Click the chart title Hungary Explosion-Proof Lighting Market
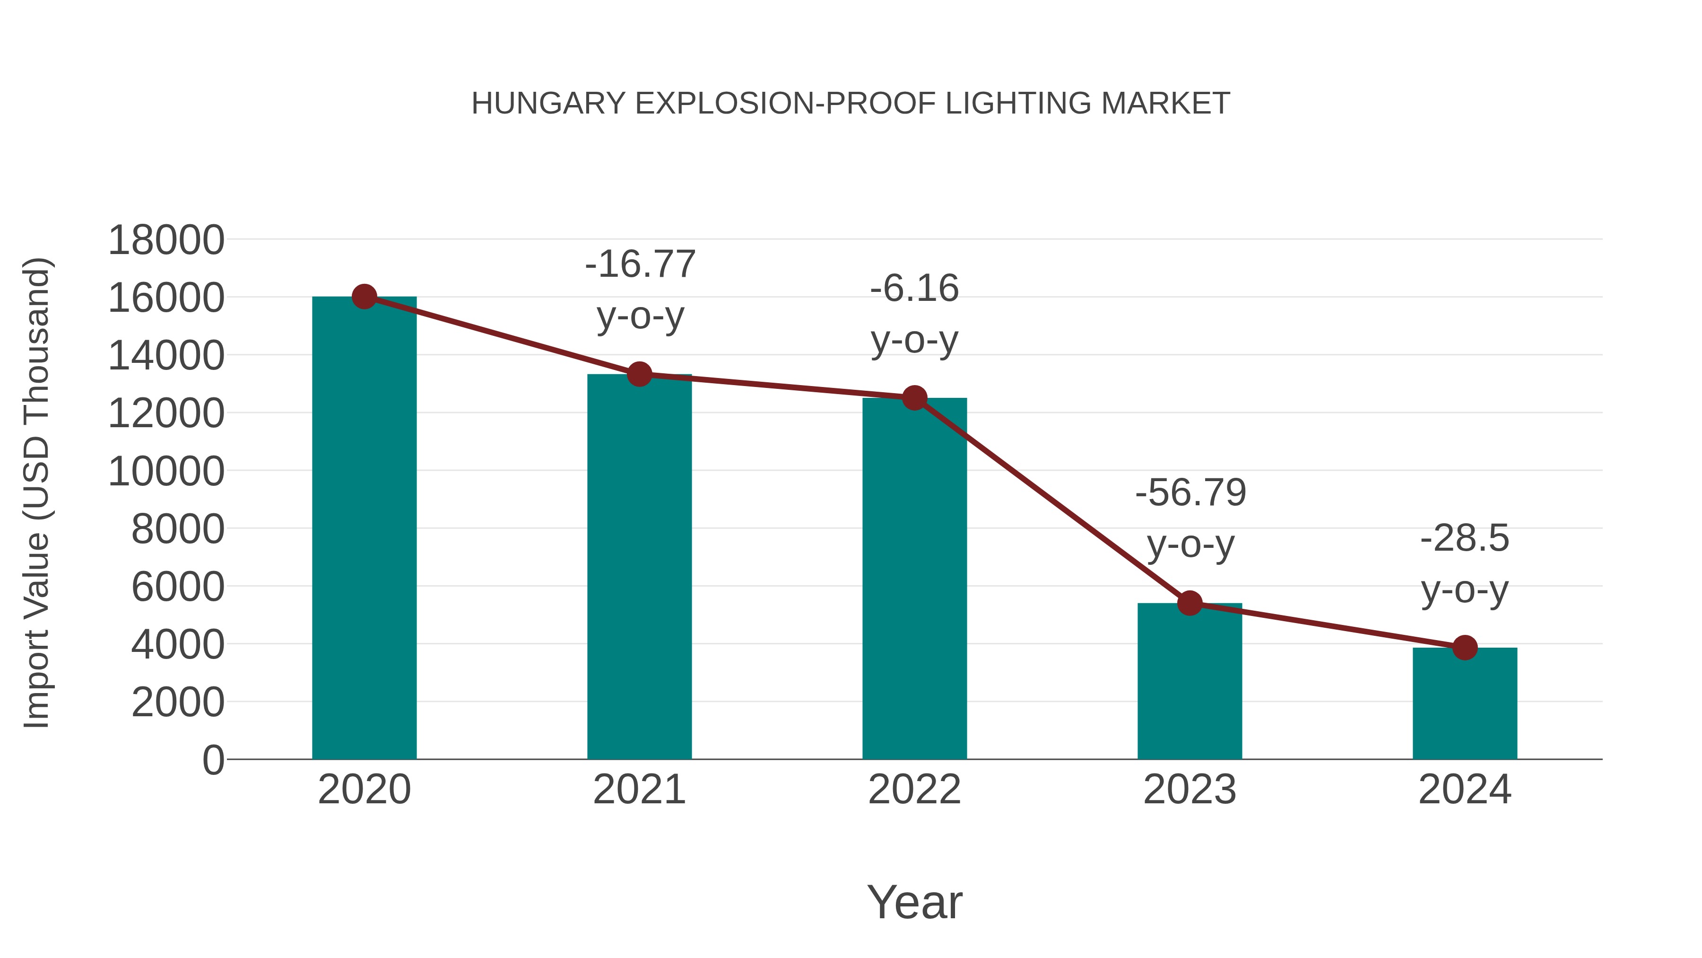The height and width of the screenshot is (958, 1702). pos(851,104)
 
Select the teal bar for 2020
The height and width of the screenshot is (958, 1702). pos(364,529)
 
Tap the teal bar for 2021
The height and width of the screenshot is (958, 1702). pos(639,569)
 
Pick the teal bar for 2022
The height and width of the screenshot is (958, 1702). pos(914,582)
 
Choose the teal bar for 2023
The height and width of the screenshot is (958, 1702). pos(1190,681)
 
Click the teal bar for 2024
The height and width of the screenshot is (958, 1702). pos(1465,704)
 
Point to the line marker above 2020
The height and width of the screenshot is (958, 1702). pos(364,297)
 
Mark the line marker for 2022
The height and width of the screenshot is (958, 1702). pos(914,398)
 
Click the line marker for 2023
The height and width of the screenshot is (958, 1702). pos(1190,603)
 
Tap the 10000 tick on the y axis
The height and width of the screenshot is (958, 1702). pos(166,472)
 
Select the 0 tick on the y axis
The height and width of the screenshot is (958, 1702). pos(213,760)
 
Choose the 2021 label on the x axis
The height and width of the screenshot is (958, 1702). pos(639,790)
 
